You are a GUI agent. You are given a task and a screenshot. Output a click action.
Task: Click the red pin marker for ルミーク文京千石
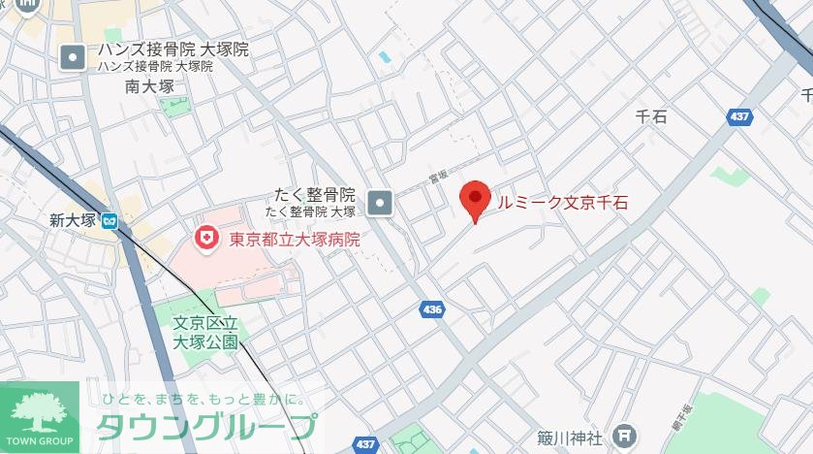pyautogui.click(x=474, y=200)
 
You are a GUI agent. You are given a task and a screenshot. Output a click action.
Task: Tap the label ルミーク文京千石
pyautogui.click(x=562, y=202)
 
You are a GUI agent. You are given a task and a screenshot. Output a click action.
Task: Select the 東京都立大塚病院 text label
pyautogui.click(x=294, y=239)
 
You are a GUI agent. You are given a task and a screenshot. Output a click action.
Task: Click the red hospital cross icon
pyautogui.click(x=205, y=238)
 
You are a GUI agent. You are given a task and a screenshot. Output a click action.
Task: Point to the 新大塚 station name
pyautogui.click(x=74, y=220)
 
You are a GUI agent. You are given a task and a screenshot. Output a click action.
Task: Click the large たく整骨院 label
pyautogui.click(x=313, y=194)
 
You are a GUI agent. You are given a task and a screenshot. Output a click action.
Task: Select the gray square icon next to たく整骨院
pyautogui.click(x=382, y=202)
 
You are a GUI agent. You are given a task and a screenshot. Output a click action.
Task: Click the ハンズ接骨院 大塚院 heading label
pyautogui.click(x=172, y=49)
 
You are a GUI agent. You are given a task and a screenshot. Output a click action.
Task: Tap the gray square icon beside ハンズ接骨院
pyautogui.click(x=74, y=57)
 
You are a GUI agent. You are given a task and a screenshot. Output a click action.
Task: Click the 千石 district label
pyautogui.click(x=651, y=116)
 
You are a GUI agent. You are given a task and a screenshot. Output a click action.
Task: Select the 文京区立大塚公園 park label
pyautogui.click(x=204, y=332)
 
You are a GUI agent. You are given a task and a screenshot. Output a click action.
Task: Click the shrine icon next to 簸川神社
pyautogui.click(x=626, y=436)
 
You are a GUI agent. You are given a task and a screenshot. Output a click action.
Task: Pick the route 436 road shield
pyautogui.click(x=432, y=309)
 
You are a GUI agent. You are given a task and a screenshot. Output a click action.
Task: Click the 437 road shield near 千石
pyautogui.click(x=739, y=116)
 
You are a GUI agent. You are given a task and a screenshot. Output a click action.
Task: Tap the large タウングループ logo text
pyautogui.click(x=206, y=427)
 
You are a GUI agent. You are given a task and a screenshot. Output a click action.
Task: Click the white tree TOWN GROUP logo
pyautogui.click(x=39, y=415)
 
